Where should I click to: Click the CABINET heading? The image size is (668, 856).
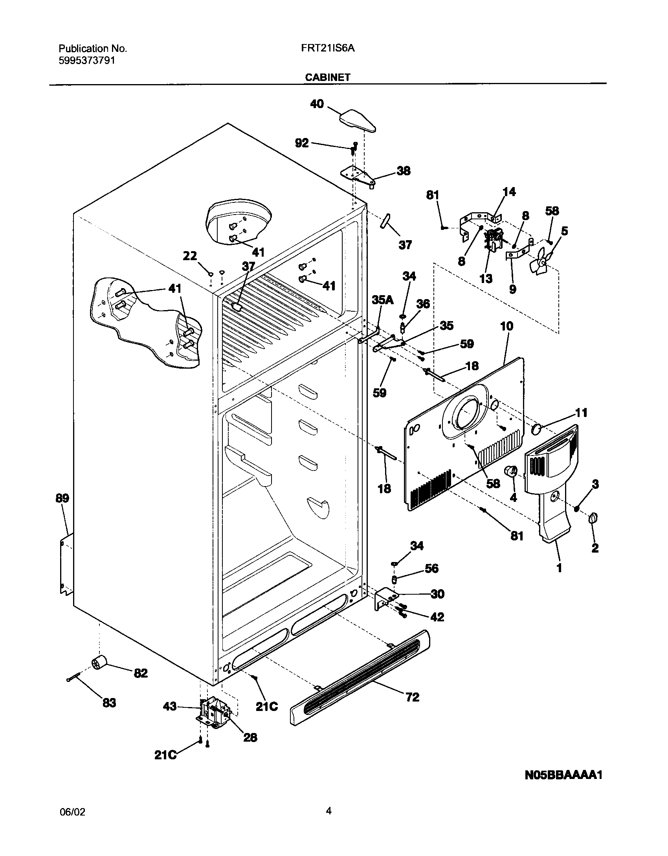[328, 77]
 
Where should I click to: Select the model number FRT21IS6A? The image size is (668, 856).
[328, 48]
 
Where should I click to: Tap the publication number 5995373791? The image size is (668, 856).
[87, 61]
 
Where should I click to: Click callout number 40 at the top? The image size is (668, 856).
[317, 104]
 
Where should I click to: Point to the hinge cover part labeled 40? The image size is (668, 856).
[357, 121]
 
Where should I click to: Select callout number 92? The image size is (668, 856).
[302, 143]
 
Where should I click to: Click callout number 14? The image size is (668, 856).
[509, 192]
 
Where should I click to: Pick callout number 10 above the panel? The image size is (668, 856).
[507, 326]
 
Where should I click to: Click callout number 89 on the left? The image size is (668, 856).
[62, 498]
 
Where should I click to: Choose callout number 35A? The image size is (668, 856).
[382, 300]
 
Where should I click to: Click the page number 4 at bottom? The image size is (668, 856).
[328, 810]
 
